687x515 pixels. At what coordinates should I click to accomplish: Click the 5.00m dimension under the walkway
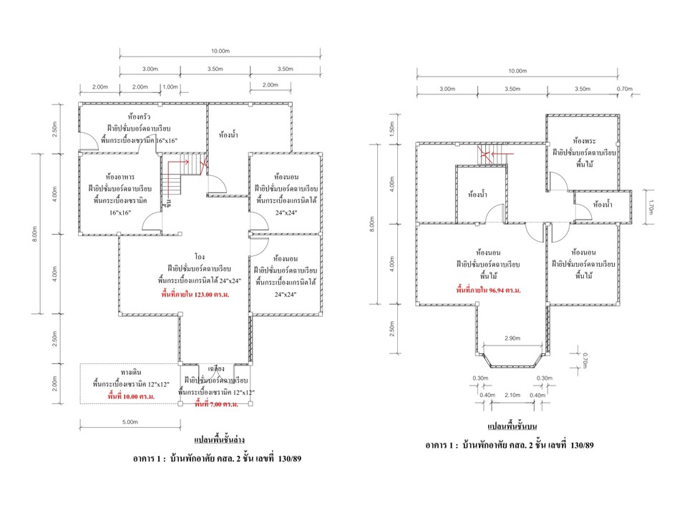tap(129, 422)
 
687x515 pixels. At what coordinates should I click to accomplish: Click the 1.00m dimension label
tap(170, 87)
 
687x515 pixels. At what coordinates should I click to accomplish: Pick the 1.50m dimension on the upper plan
tap(391, 129)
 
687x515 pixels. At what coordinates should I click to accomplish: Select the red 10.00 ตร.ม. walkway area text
tap(129, 395)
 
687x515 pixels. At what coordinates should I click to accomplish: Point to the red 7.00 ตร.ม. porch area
tap(217, 404)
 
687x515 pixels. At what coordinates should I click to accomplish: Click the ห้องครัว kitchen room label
tap(139, 116)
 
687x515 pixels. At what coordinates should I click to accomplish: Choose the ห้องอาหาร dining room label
tap(120, 175)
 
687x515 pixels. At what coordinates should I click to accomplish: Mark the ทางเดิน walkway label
tap(130, 373)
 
